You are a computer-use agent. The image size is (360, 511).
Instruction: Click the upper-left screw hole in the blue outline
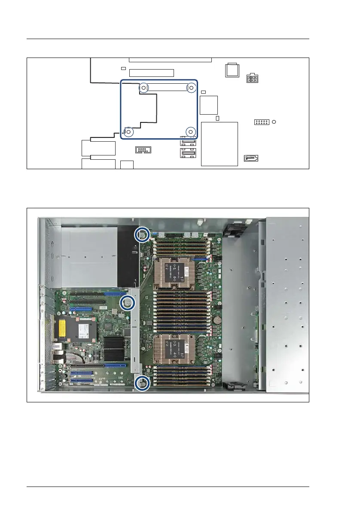pos(143,88)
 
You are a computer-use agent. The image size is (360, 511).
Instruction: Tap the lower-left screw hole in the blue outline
pos(128,132)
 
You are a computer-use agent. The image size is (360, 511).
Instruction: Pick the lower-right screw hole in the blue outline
pos(191,132)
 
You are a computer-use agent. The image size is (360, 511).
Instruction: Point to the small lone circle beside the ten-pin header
pos(275,122)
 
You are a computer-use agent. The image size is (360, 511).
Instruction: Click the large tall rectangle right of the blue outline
pos(219,144)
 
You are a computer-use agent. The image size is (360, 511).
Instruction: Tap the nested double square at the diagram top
pos(232,70)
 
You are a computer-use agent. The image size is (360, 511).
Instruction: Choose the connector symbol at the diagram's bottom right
pos(251,158)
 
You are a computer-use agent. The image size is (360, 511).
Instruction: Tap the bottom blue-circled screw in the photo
pos(142,383)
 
